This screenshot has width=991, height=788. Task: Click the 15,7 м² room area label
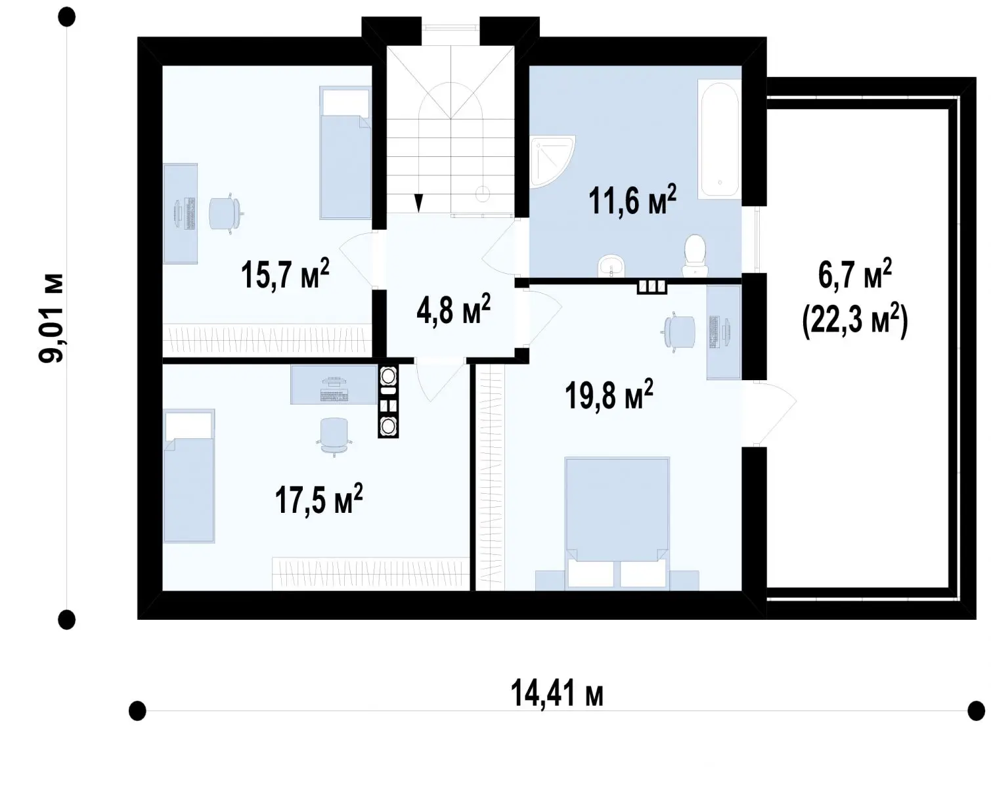[285, 274]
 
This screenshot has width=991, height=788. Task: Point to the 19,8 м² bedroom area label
[609, 395]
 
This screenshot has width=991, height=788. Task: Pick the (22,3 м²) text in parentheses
[854, 322]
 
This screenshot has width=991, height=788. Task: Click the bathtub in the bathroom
[719, 140]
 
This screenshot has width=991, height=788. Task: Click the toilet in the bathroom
[695, 255]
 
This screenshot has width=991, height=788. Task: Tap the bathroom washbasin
[611, 266]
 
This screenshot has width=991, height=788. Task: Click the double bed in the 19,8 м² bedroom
[617, 523]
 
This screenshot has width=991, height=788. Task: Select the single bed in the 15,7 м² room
[345, 152]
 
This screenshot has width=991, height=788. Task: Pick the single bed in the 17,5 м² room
[188, 475]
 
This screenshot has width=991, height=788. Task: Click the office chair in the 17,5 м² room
[334, 436]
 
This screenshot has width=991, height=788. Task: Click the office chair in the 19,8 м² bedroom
[679, 332]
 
